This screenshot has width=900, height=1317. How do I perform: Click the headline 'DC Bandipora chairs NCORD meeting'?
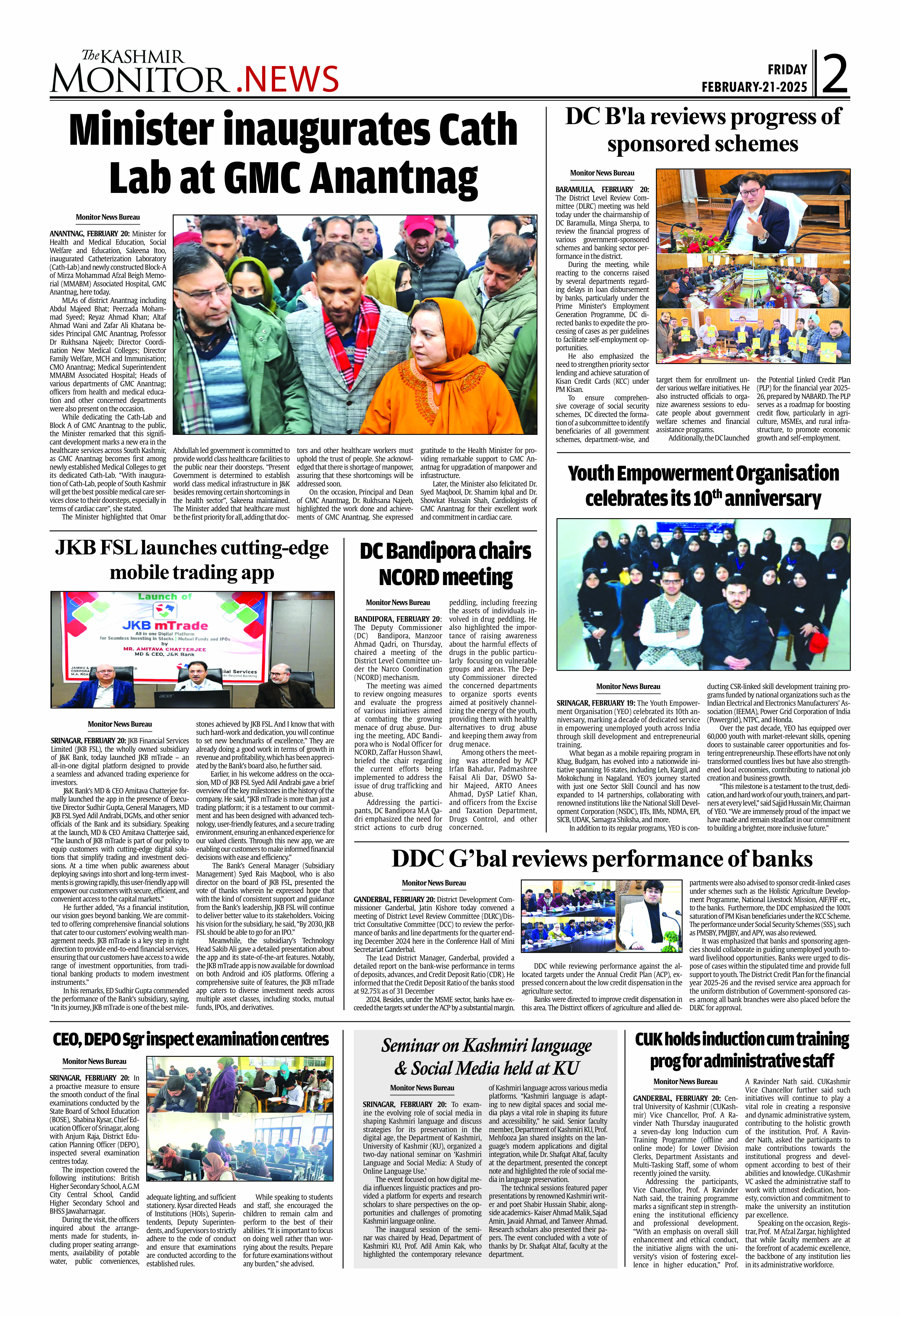pos(445,564)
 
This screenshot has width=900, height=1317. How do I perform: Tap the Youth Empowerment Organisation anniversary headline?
pos(703,486)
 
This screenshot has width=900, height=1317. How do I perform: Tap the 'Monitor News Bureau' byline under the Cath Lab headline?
pos(108,217)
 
